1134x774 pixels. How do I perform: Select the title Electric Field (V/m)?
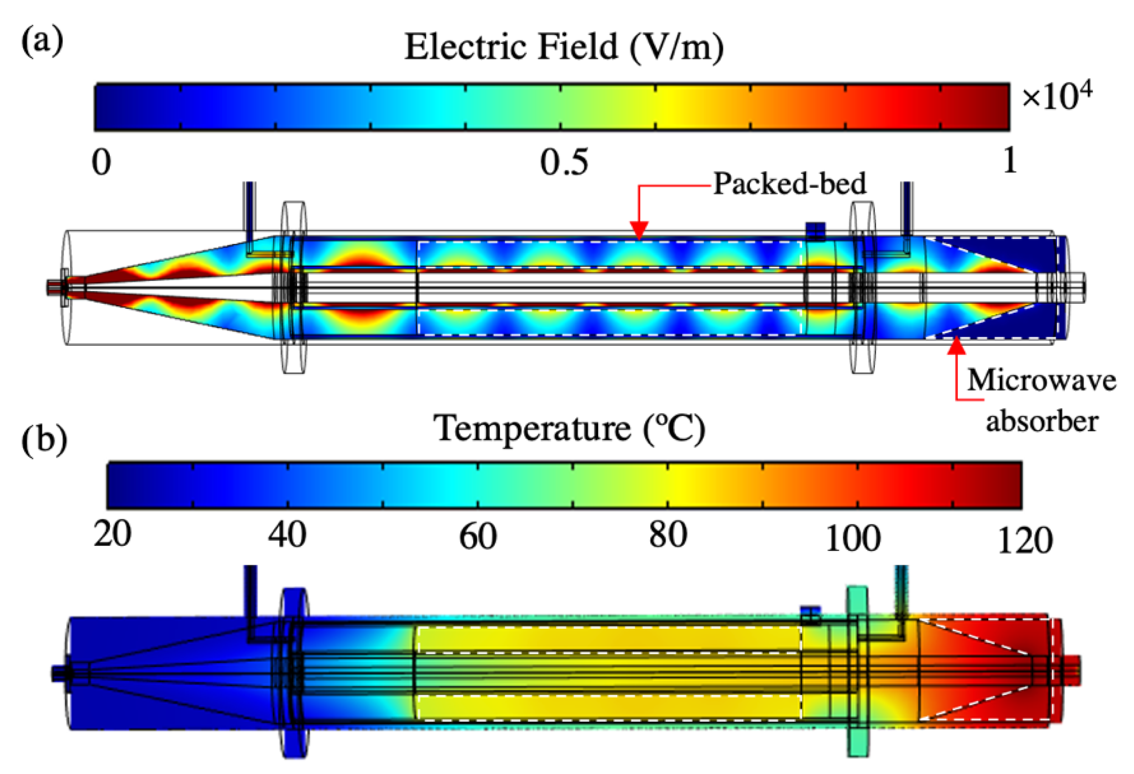pos(563,48)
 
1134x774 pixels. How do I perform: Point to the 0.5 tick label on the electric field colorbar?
pos(563,162)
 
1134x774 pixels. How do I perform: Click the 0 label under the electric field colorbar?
pos(101,162)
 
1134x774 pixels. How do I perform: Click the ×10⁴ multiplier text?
pos(1056,97)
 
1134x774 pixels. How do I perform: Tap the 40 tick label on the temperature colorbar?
pos(287,535)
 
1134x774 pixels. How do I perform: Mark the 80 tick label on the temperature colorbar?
pos(668,535)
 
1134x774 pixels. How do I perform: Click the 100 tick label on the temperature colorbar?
pos(853,538)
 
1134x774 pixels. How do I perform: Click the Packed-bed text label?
pos(790,184)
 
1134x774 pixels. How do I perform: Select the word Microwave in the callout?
pos(1041,380)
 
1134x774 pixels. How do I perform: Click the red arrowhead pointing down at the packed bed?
pos(639,230)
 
